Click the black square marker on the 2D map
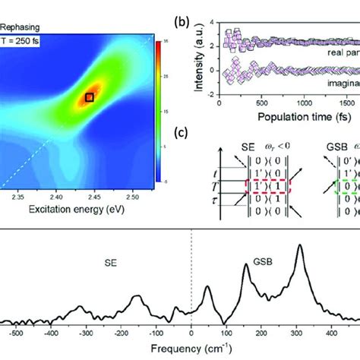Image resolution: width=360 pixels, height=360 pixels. coord(90,96)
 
